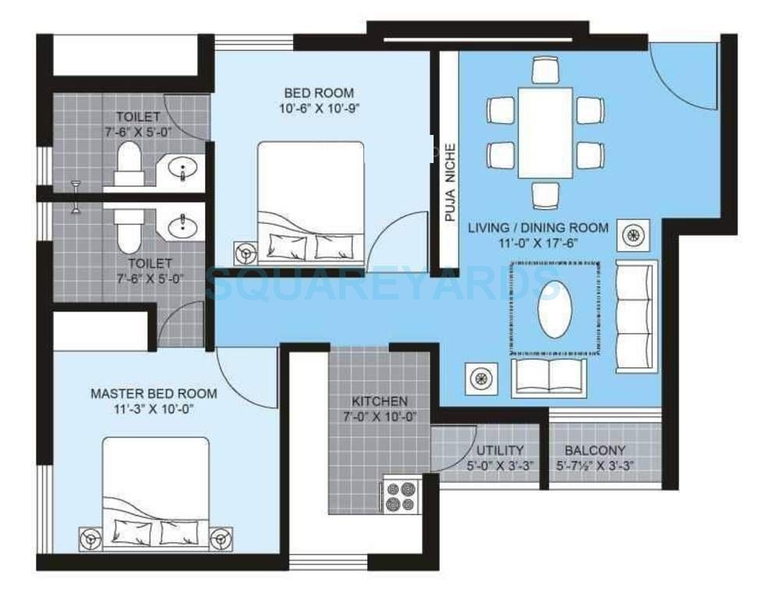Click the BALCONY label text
(x=595, y=451)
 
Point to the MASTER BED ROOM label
(x=154, y=393)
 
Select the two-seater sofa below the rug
(x=549, y=377)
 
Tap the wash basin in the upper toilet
(x=184, y=167)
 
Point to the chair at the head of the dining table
(x=545, y=70)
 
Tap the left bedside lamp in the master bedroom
(x=92, y=538)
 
